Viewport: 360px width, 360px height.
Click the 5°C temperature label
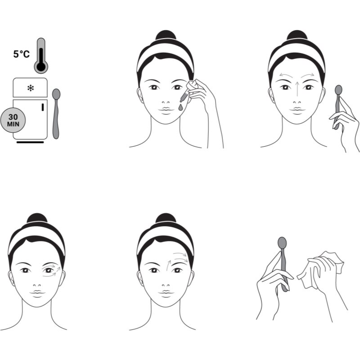[x=21, y=54]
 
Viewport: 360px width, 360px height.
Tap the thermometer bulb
[x=41, y=67]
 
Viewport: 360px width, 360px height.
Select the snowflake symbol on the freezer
[x=31, y=88]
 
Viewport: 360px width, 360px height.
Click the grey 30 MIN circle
[x=13, y=120]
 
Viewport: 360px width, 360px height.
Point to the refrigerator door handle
[x=43, y=107]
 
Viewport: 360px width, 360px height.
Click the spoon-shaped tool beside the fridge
[x=56, y=114]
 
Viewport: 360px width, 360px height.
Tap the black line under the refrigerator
[x=30, y=142]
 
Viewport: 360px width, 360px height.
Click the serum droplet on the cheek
[x=181, y=108]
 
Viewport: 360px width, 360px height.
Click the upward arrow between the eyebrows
[x=297, y=89]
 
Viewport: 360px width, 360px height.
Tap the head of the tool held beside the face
[x=338, y=90]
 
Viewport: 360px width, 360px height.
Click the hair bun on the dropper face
[x=166, y=36]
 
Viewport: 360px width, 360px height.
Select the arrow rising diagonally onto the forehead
[x=168, y=266]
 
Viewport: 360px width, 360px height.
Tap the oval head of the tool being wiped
[x=282, y=243]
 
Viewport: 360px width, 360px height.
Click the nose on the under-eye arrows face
[x=37, y=285]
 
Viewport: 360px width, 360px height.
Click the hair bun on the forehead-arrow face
[x=166, y=218]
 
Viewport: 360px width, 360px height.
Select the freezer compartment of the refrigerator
[x=30, y=88]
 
